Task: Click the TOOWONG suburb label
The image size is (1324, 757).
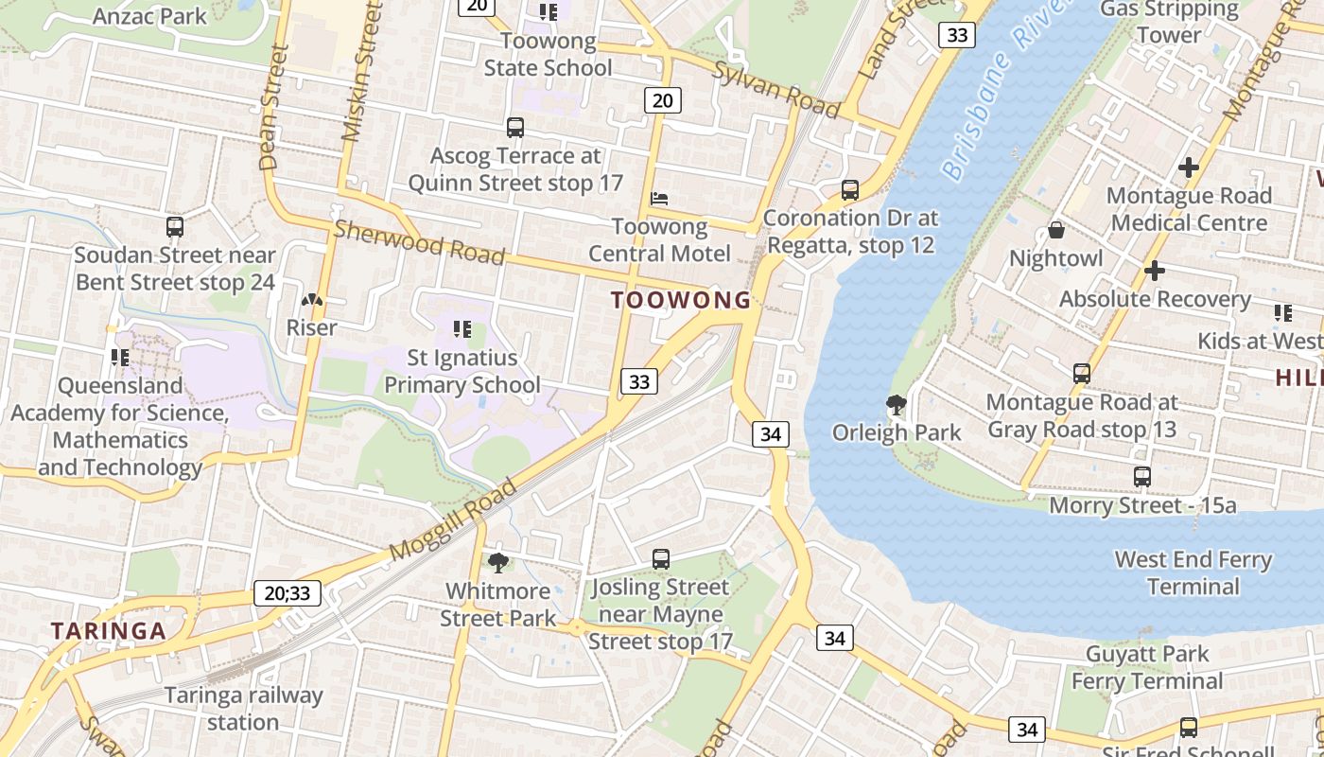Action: (x=680, y=301)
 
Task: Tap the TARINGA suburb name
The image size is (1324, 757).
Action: (x=108, y=631)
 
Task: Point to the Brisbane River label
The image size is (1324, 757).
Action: (x=1002, y=90)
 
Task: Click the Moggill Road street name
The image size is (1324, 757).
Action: (x=454, y=520)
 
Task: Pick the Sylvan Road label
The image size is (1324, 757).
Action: (x=776, y=90)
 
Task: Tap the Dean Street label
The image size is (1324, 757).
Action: (x=272, y=108)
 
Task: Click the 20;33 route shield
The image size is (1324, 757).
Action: (x=287, y=594)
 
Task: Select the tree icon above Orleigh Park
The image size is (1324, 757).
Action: (x=896, y=406)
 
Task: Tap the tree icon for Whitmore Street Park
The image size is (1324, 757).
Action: (x=498, y=563)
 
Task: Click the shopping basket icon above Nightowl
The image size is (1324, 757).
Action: (x=1056, y=231)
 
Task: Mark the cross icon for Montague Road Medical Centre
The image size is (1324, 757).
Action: (x=1189, y=168)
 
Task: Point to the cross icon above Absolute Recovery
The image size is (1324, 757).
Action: (x=1154, y=272)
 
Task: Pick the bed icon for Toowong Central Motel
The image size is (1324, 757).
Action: (x=660, y=199)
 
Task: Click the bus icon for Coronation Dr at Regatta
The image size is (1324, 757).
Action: (x=850, y=190)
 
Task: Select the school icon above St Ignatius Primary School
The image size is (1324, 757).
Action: (x=462, y=329)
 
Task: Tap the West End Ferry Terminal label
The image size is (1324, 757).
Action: (x=1193, y=573)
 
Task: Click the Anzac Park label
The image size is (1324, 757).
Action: (x=149, y=16)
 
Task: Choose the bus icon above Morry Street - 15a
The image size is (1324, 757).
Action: (x=1142, y=477)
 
